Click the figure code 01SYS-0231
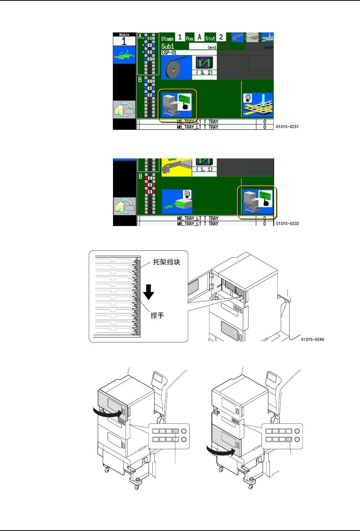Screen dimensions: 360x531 [x=287, y=127]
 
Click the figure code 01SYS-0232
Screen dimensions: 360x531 [x=287, y=224]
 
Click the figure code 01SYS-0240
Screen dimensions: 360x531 [x=312, y=339]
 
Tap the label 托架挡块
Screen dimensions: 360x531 [x=166, y=262]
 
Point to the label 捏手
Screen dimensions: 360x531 [x=157, y=315]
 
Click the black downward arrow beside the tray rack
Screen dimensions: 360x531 [x=149, y=292]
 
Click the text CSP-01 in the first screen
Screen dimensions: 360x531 [x=169, y=52]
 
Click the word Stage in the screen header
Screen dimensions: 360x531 [x=167, y=39]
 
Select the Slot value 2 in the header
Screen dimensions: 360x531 [x=221, y=37]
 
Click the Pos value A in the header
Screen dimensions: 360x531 [x=199, y=37]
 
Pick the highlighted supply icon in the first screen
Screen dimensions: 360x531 [x=178, y=105]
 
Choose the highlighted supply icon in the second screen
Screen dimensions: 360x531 [x=257, y=203]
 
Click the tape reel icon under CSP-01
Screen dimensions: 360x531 [x=176, y=68]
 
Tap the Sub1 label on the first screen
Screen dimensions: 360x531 [x=168, y=46]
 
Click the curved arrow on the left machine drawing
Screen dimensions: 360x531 [x=108, y=412]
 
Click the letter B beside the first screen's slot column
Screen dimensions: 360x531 [x=140, y=80]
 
